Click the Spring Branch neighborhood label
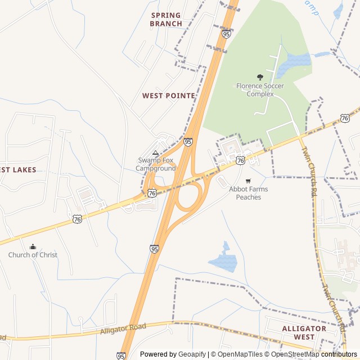click(x=166, y=20)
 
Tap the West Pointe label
click(x=168, y=96)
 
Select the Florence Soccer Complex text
click(x=260, y=90)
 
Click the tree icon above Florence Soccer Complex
click(x=260, y=77)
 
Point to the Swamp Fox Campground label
click(x=156, y=164)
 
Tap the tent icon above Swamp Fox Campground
click(x=156, y=153)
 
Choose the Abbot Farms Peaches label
click(x=248, y=193)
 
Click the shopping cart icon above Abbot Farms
click(x=248, y=181)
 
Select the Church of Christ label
click(x=33, y=255)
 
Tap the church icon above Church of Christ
click(x=33, y=246)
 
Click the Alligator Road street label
click(x=123, y=328)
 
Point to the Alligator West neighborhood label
click(x=304, y=332)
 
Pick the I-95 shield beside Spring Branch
click(x=226, y=34)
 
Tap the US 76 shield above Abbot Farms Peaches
click(x=241, y=160)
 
